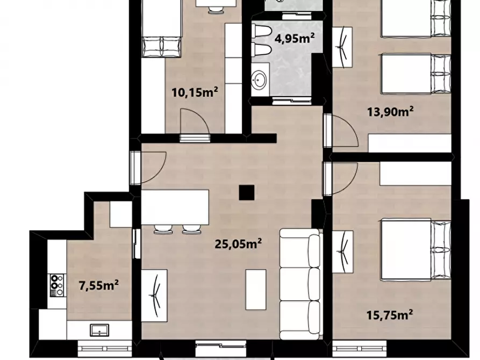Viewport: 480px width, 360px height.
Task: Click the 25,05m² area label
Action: coord(238,244)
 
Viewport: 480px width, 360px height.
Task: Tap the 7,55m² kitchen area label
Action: coord(99,285)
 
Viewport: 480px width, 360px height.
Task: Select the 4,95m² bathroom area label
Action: coord(295,38)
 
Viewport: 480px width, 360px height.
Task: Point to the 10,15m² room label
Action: coord(195,92)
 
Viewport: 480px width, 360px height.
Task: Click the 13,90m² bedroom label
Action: coord(390,112)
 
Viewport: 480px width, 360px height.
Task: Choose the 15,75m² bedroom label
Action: coord(390,314)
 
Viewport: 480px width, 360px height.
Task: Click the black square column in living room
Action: coord(247,193)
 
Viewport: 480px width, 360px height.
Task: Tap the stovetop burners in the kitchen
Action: coord(58,285)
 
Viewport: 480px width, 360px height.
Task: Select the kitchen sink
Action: coord(99,330)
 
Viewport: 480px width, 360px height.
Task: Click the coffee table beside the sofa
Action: coord(256,290)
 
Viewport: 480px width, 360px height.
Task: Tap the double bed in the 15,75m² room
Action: coord(416,249)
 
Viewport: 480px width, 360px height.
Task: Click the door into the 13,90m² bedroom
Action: coord(340,130)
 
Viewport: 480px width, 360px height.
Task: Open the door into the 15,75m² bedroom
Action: coord(340,178)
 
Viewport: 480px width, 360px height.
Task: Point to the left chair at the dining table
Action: coord(163,229)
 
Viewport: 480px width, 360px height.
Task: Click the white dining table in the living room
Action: coord(175,207)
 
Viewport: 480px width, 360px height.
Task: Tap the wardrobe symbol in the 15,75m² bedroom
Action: coord(343,252)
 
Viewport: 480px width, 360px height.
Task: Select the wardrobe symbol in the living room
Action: coord(154,296)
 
